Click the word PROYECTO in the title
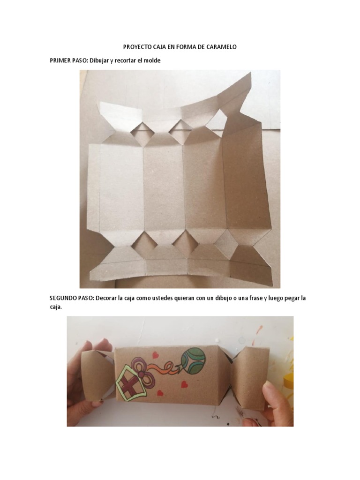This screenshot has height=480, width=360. pos(138,47)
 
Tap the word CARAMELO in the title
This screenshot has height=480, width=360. pos(221,47)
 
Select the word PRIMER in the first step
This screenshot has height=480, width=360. pos(60,61)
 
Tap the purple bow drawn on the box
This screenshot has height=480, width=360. pos(141,365)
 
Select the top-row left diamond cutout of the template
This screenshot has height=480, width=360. pos(141,132)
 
